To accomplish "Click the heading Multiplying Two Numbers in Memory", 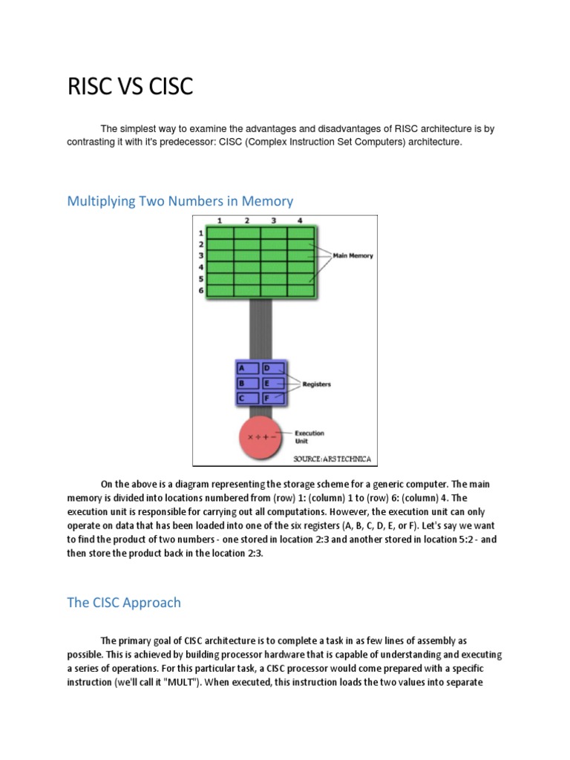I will [180, 200].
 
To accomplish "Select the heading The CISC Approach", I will [124, 602].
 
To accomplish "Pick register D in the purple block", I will [272, 368].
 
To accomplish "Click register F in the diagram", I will [272, 399].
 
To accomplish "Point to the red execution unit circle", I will [262, 436].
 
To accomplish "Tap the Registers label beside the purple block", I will [316, 384].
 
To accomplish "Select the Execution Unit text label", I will [309, 436].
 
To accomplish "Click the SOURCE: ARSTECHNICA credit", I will [331, 459].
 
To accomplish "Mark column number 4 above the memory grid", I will [300, 220].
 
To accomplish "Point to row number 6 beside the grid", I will [201, 290].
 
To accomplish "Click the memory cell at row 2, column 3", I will [273, 244].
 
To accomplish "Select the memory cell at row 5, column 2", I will [246, 278].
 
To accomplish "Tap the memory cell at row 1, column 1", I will [220, 232].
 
